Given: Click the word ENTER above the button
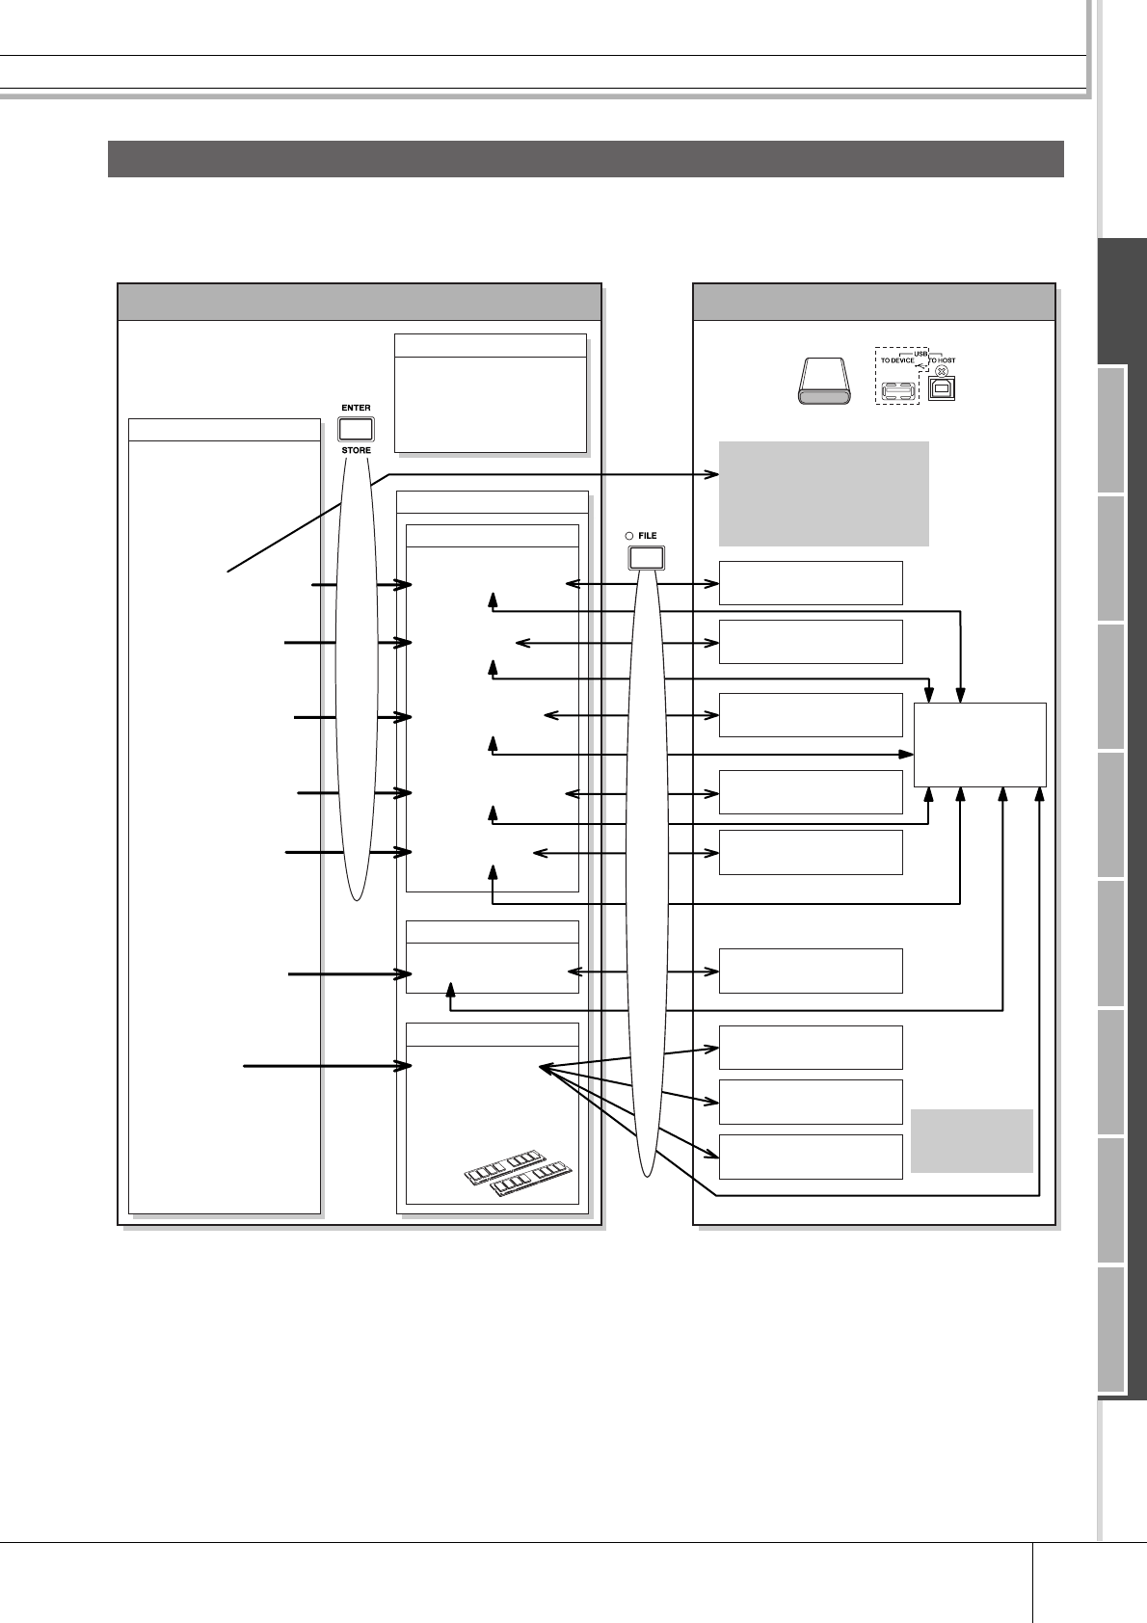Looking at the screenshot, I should pyautogui.click(x=356, y=408).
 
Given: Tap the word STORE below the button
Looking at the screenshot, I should pyautogui.click(x=356, y=450).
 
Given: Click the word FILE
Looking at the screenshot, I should pyautogui.click(x=648, y=536).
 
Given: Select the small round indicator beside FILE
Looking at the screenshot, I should pyautogui.click(x=628, y=536).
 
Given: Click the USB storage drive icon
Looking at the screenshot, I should pyautogui.click(x=824, y=383).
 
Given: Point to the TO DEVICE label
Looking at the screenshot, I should pyautogui.click(x=896, y=360).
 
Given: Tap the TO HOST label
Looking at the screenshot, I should pyautogui.click(x=943, y=360).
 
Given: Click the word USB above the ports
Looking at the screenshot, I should pyautogui.click(x=920, y=353).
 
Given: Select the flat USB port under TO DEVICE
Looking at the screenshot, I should pyautogui.click(x=897, y=391).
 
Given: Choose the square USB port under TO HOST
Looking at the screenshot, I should pyautogui.click(x=941, y=389).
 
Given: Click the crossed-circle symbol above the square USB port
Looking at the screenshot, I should pyautogui.click(x=942, y=371).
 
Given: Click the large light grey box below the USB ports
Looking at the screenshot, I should pyautogui.click(x=823, y=493).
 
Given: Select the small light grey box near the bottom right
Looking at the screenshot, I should pyautogui.click(x=972, y=1141).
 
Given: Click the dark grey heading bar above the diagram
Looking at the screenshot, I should pyautogui.click(x=585, y=159).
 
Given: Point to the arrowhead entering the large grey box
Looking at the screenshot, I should pyautogui.click(x=714, y=474).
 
